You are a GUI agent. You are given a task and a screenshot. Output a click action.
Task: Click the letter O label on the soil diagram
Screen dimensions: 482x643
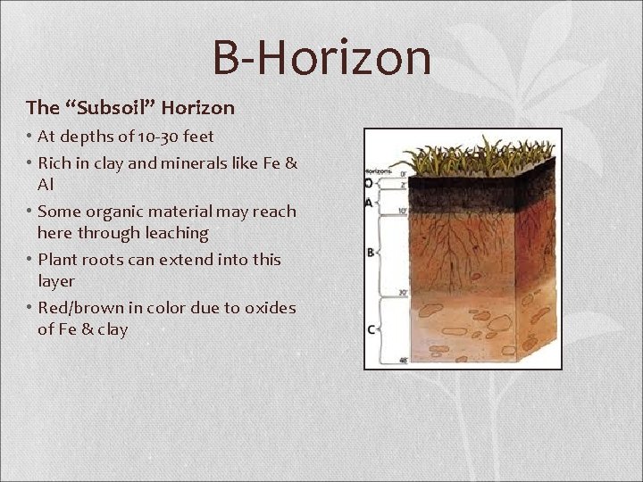click(369, 183)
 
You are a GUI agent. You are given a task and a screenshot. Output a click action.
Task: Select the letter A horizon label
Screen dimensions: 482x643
click(369, 203)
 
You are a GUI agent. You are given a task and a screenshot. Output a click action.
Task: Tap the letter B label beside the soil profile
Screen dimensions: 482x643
click(370, 253)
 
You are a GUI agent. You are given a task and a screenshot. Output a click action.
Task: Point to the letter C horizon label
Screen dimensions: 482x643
click(370, 329)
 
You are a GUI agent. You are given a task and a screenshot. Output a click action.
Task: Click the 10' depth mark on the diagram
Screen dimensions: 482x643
click(404, 211)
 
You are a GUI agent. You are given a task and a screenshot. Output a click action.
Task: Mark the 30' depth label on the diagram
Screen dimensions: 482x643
click(404, 293)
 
